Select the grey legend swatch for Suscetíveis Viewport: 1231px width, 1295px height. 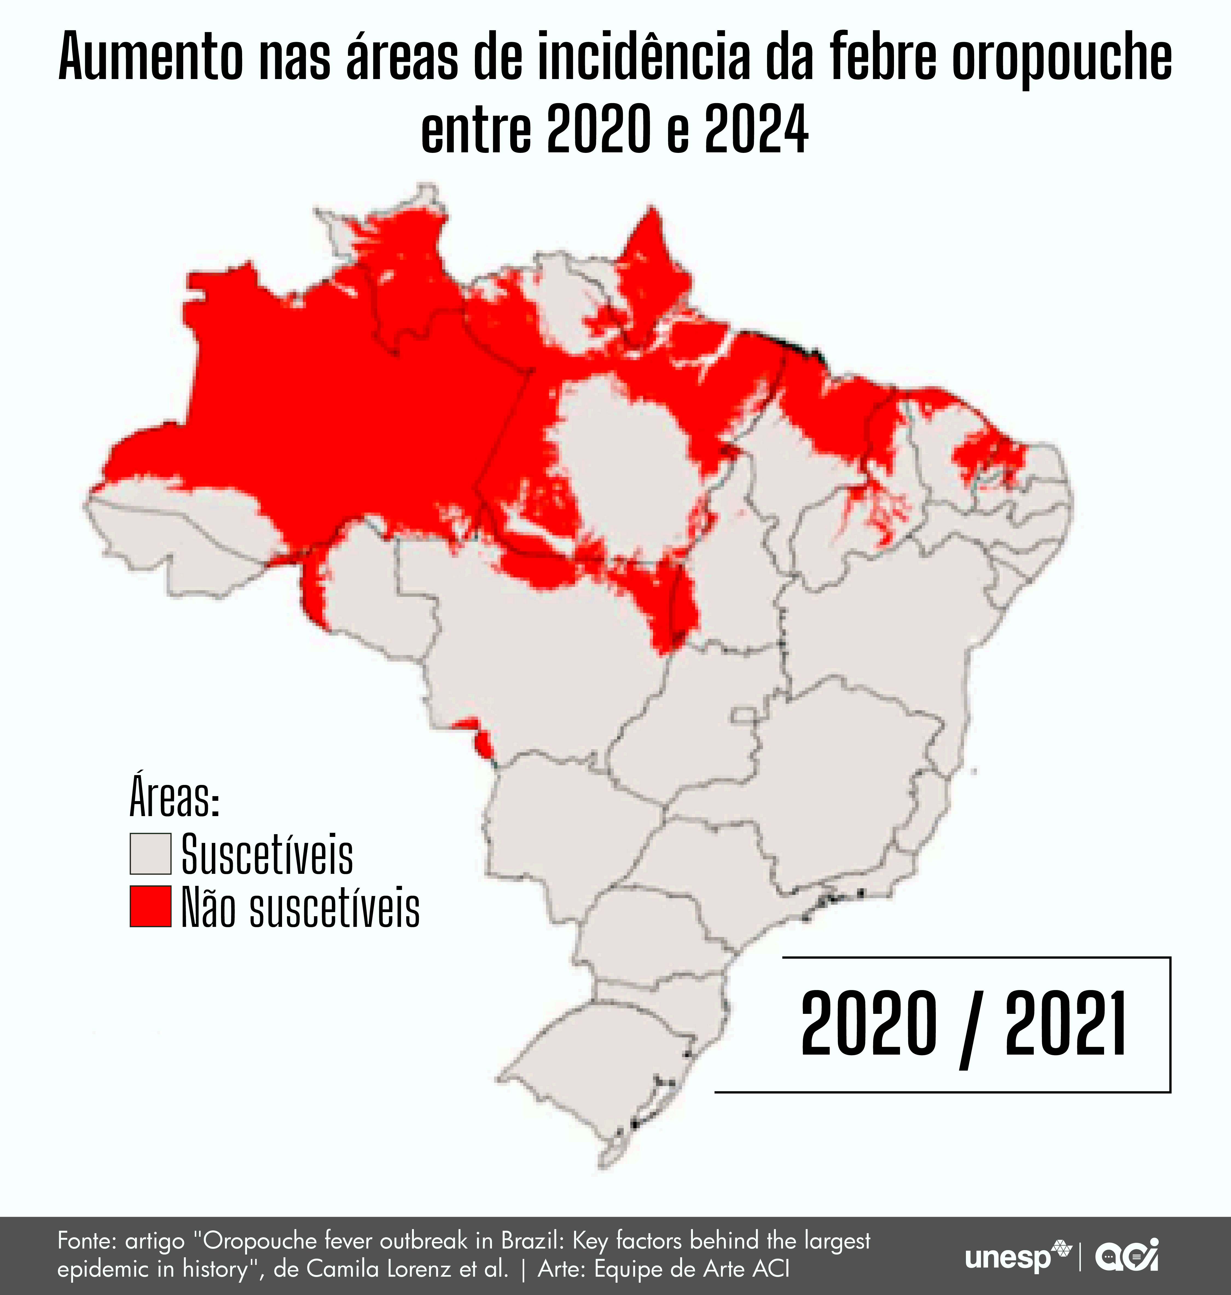click(150, 854)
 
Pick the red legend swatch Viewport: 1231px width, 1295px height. click(150, 906)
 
